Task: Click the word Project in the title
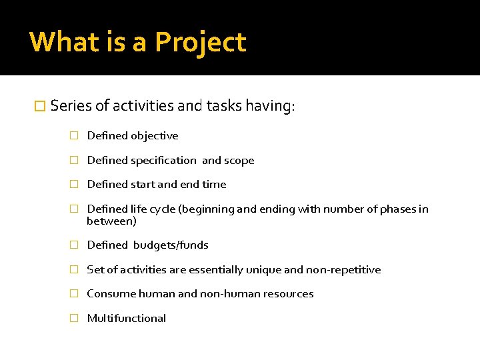tap(201, 43)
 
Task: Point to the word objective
tap(154, 136)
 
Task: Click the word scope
tap(239, 161)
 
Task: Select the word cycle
tap(163, 209)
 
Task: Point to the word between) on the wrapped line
tap(111, 221)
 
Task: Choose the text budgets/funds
tap(171, 245)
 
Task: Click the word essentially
tap(217, 270)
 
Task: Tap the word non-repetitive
tap(343, 270)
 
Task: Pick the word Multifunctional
tap(127, 319)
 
